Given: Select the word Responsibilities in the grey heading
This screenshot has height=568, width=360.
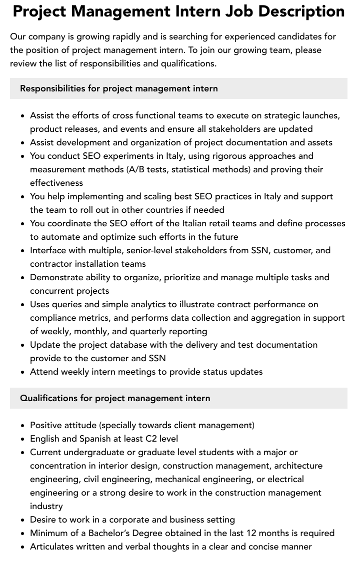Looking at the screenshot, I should (x=52, y=88).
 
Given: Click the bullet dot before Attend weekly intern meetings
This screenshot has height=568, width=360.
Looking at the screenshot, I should (x=23, y=372).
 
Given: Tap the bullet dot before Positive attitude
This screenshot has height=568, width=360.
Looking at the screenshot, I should (x=23, y=426).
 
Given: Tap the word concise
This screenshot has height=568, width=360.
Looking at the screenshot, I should (x=266, y=547).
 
